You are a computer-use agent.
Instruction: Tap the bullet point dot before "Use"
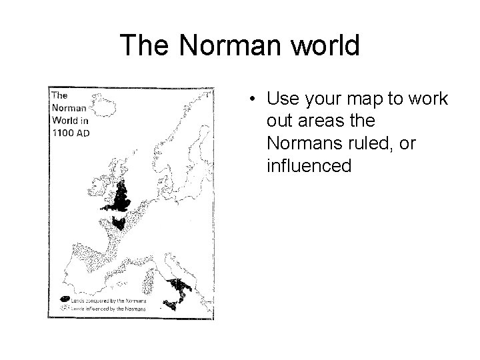[x=255, y=100]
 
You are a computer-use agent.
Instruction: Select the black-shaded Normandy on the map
[x=119, y=223]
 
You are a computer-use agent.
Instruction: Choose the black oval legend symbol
[x=65, y=299]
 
